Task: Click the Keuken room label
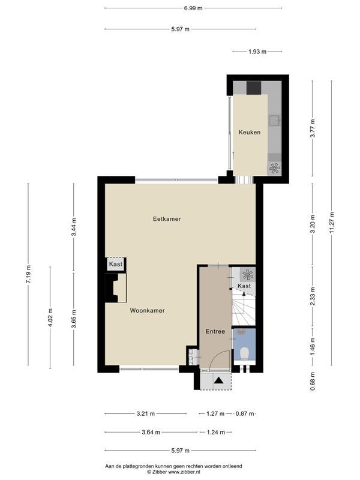250,132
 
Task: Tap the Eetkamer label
167,219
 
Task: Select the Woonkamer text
147,310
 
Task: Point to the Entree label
215,331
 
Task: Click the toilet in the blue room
244,353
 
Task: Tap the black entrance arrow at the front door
218,380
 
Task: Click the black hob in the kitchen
254,88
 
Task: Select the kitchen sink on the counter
274,121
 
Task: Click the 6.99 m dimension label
193,8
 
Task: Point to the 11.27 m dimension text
332,223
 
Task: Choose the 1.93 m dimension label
257,52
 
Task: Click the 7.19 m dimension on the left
28,274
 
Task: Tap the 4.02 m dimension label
50,317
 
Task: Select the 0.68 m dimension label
313,381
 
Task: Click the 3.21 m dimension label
145,414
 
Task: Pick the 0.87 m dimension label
245,414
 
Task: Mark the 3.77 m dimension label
313,128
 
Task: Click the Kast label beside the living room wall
116,264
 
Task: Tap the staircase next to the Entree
244,308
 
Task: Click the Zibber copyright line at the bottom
173,472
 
